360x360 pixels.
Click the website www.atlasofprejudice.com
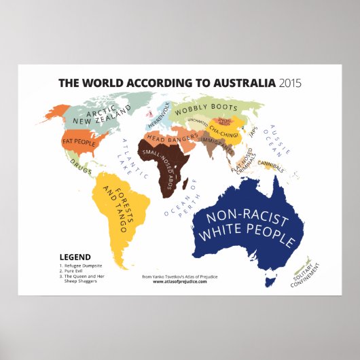point(174,282)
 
